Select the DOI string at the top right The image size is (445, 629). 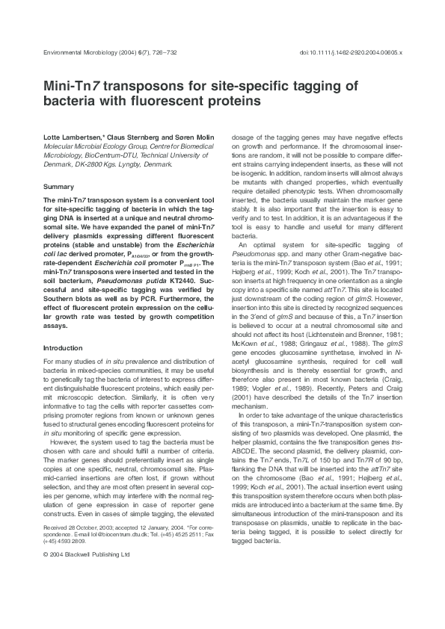(x=360, y=55)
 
